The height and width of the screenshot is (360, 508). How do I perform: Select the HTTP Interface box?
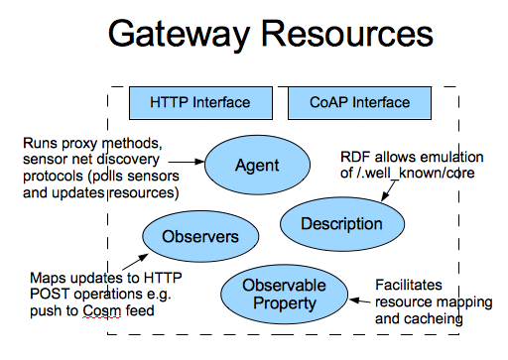tap(200, 102)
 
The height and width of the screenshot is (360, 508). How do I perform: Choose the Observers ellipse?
tap(200, 236)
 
